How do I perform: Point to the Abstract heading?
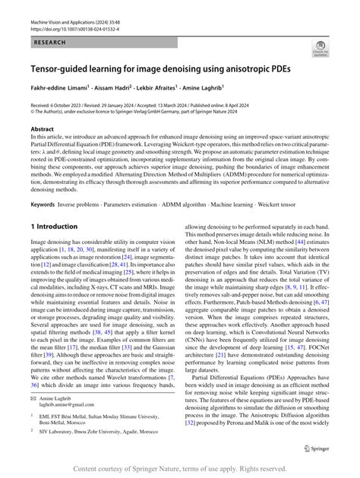[42, 130]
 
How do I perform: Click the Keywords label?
[45, 204]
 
